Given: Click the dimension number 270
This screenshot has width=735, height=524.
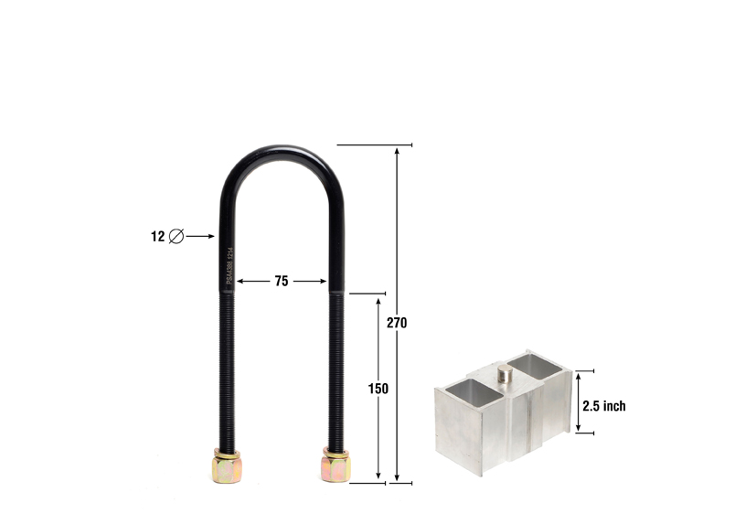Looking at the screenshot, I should coord(397,323).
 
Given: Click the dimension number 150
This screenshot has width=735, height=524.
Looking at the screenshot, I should coord(378,388).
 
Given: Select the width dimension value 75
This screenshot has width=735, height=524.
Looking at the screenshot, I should coord(281,282).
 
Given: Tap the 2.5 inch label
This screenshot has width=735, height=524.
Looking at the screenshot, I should coord(604,406).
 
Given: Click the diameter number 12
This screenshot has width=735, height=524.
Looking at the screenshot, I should coord(157,237).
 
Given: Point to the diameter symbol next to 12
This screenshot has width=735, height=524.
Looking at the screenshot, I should coord(176,237).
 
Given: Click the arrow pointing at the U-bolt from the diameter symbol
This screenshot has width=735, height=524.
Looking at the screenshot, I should coord(201,237).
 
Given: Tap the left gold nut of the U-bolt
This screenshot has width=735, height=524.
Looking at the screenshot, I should coord(228,466).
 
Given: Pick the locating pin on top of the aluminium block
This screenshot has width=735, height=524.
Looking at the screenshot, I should coord(505,375).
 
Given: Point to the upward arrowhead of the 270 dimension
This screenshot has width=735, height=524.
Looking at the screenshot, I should coord(397,151).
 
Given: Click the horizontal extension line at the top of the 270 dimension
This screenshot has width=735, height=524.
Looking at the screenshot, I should coord(375,144).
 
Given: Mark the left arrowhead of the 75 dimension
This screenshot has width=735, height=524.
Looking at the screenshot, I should coord(241,282).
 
